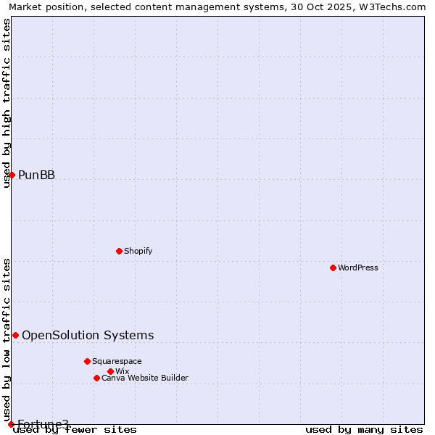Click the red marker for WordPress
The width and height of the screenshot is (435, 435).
point(333,268)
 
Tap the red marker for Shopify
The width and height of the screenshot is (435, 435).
point(119,251)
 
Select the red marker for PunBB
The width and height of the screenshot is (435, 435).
point(12,175)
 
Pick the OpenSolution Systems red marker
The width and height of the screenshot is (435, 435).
point(15,335)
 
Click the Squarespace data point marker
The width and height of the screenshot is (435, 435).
point(87,361)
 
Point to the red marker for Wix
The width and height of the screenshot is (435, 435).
point(110,371)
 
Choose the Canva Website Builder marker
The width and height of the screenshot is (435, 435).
point(96,378)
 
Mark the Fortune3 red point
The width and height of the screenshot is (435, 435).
point(11,424)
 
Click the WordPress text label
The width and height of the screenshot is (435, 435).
point(358,268)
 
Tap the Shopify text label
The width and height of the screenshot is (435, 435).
point(138,251)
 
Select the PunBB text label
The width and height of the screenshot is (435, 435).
point(37,175)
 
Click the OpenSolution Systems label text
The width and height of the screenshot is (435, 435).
point(88,335)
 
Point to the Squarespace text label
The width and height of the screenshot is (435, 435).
point(117,361)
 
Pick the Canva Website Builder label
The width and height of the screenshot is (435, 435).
point(145,378)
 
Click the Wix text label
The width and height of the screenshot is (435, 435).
point(123,371)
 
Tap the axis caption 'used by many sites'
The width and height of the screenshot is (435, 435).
point(364,430)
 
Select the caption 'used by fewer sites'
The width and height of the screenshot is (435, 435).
point(75,430)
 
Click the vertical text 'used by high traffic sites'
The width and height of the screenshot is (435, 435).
point(7,102)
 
